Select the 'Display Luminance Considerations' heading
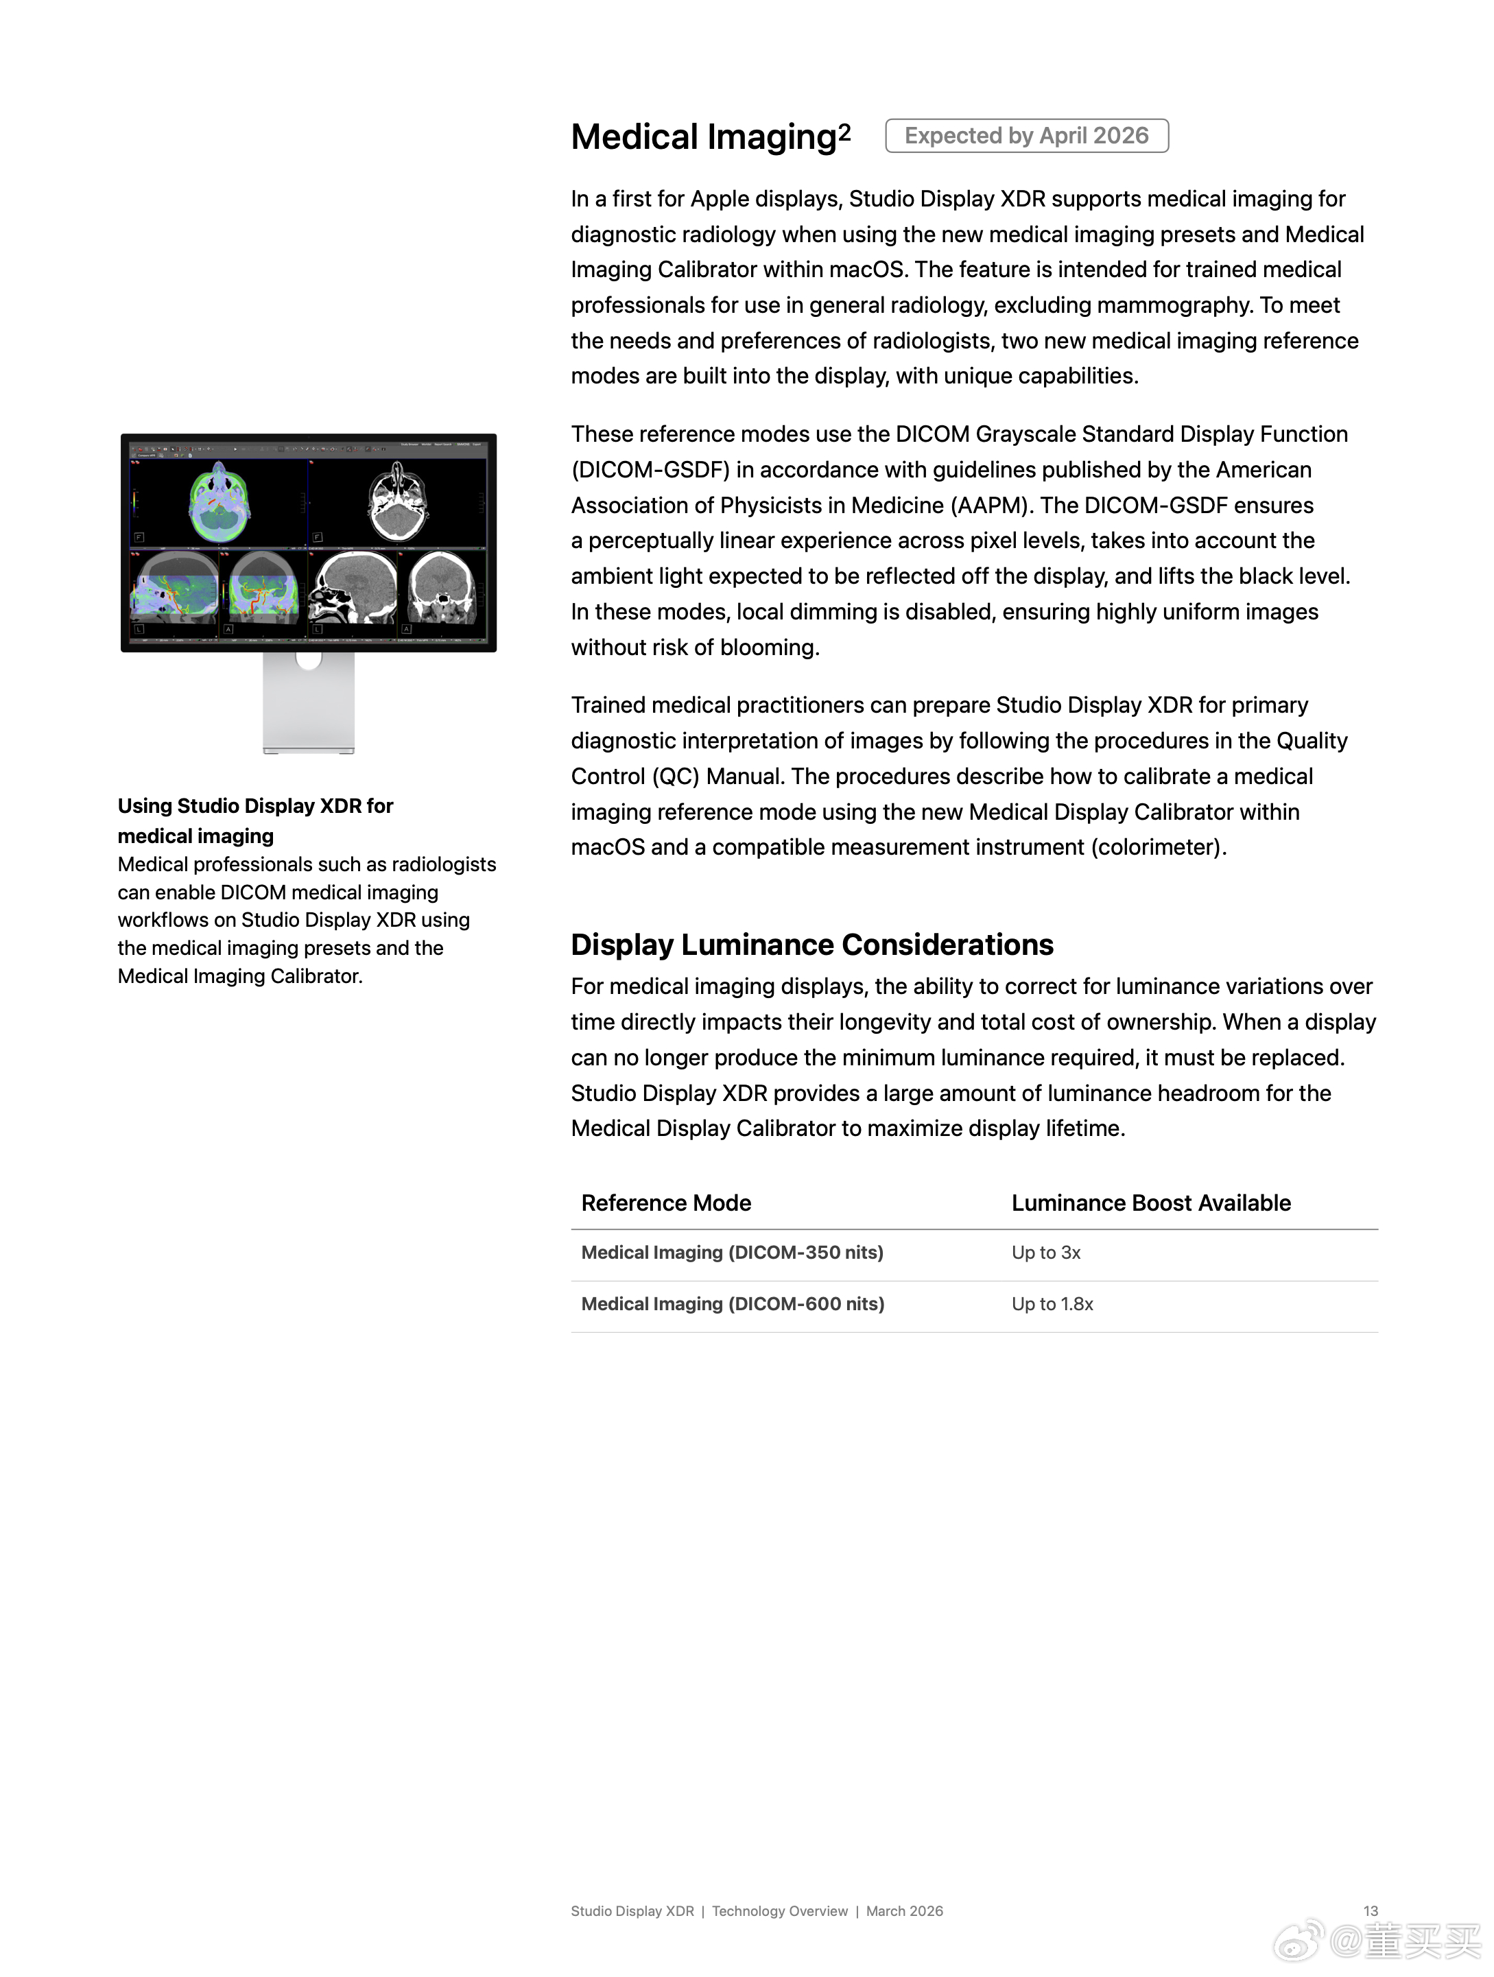[811, 945]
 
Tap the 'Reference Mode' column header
[665, 1203]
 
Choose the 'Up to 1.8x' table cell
[1052, 1304]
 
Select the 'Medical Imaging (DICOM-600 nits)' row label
[733, 1304]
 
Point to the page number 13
[1370, 1911]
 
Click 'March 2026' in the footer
[904, 1911]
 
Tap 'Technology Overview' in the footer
[779, 1911]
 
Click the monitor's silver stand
[308, 706]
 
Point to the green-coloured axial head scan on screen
[219, 502]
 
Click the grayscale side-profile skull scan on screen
[353, 587]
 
